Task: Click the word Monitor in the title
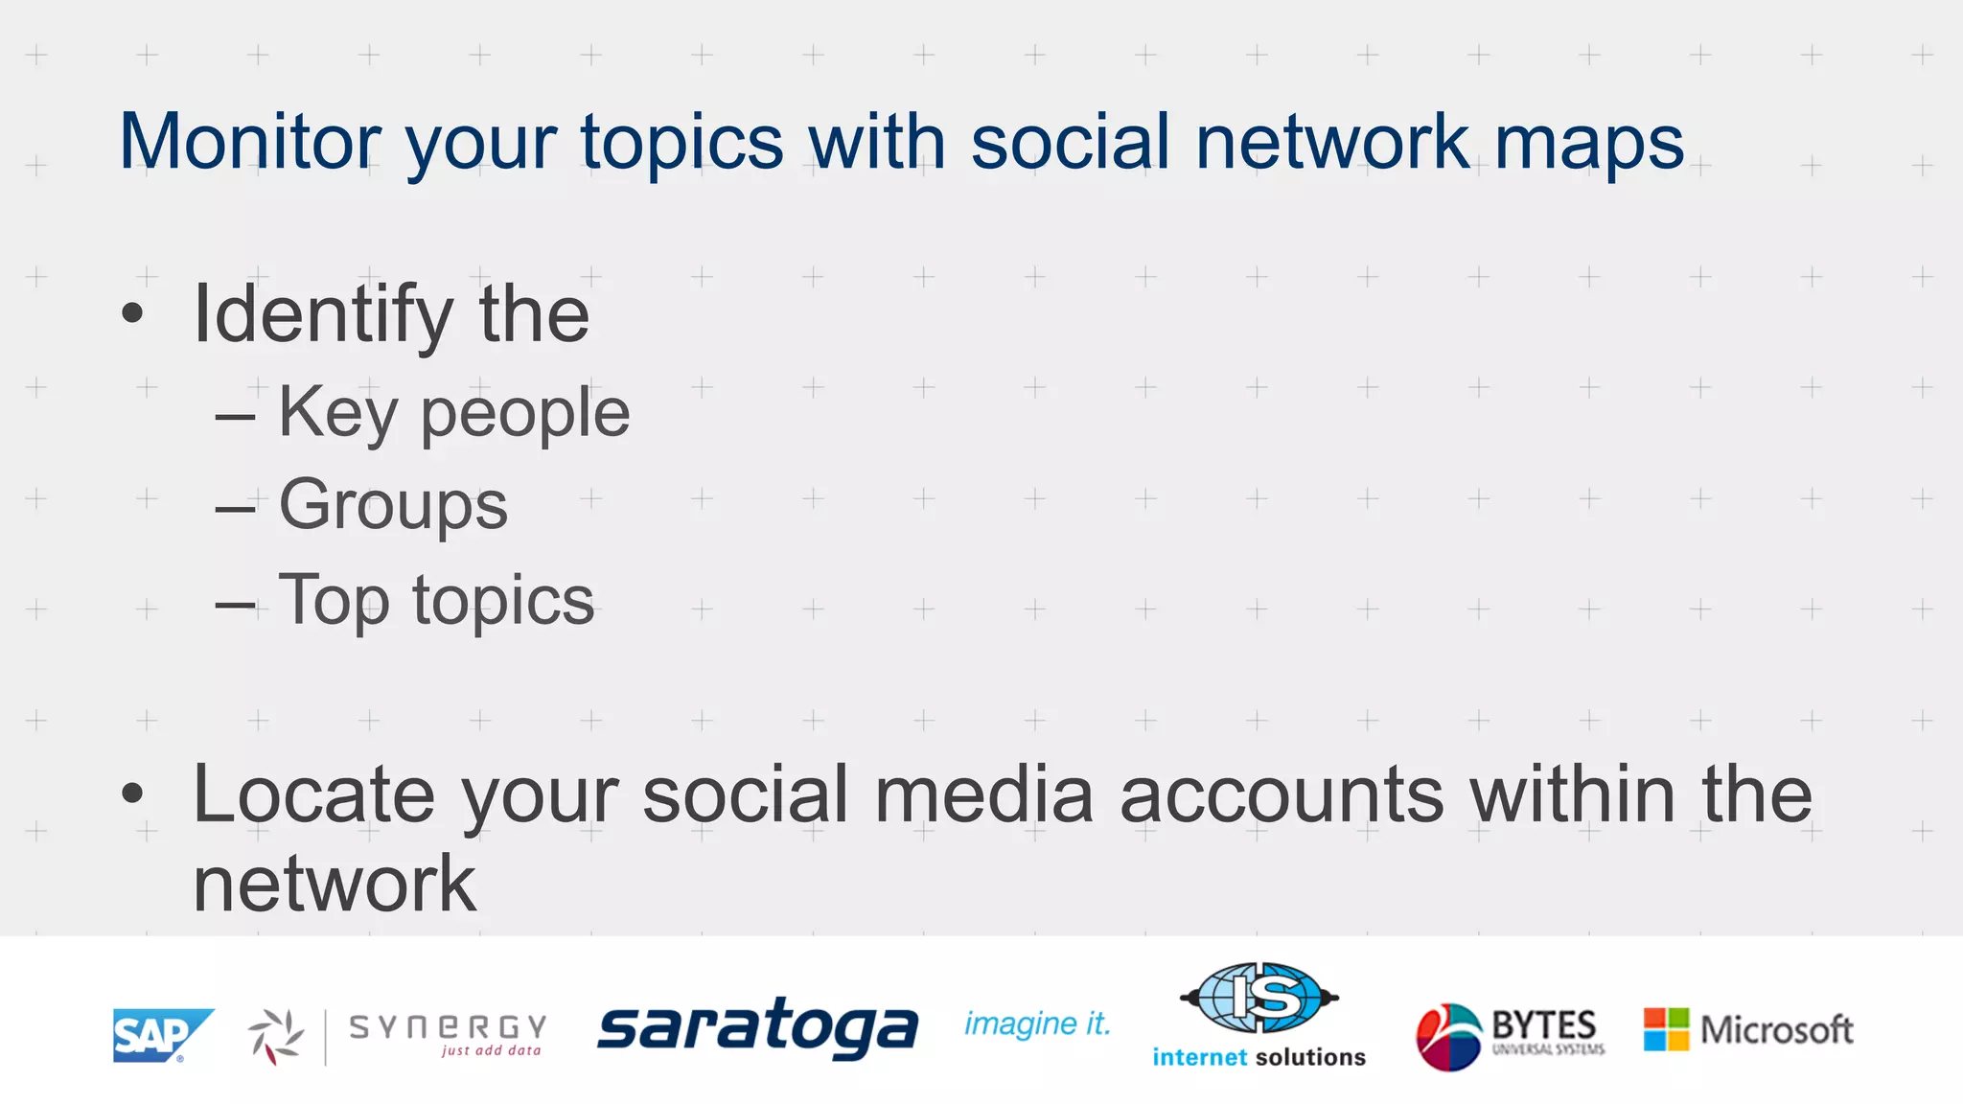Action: (x=250, y=142)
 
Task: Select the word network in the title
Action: (x=1331, y=142)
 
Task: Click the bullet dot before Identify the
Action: (x=132, y=312)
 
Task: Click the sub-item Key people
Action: (x=453, y=413)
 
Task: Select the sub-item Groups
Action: (x=393, y=505)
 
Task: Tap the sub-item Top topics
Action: (x=436, y=601)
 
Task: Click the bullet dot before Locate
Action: (x=132, y=793)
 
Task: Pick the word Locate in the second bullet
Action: (x=312, y=794)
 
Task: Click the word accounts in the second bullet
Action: (x=1282, y=794)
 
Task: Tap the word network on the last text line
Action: (x=334, y=885)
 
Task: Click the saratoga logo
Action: (x=757, y=1027)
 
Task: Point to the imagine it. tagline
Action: (x=1037, y=1024)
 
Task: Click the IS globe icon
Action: (x=1259, y=999)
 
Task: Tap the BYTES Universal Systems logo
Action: (x=1510, y=1035)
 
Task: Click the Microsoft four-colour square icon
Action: (x=1666, y=1029)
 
